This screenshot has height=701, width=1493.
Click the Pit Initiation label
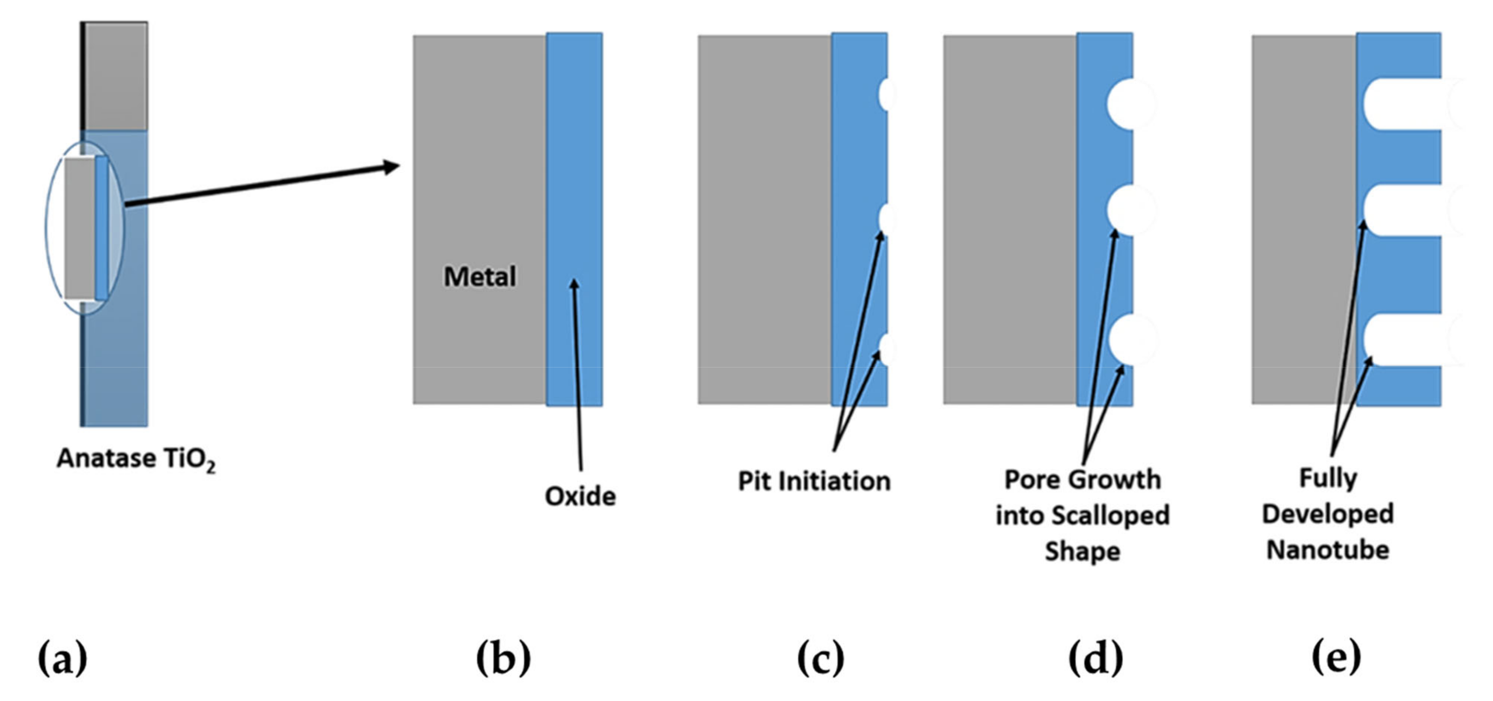pos(814,482)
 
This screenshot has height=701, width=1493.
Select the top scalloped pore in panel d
pos(1130,104)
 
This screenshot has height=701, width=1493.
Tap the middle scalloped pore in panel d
pos(1130,210)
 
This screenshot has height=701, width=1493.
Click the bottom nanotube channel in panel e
pos(1408,339)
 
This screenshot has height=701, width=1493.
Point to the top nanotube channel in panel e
pos(1408,104)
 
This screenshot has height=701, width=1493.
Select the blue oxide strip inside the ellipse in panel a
pos(102,228)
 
